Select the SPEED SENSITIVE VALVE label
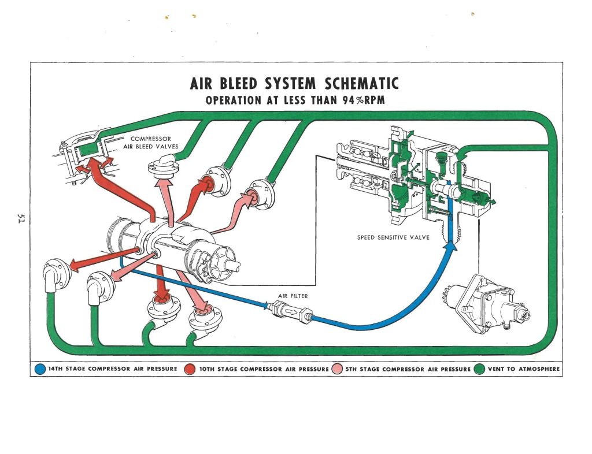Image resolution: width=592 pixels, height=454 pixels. click(393, 237)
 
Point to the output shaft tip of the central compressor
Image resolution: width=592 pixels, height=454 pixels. click(238, 265)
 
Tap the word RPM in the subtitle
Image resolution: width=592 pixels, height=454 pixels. click(373, 100)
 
